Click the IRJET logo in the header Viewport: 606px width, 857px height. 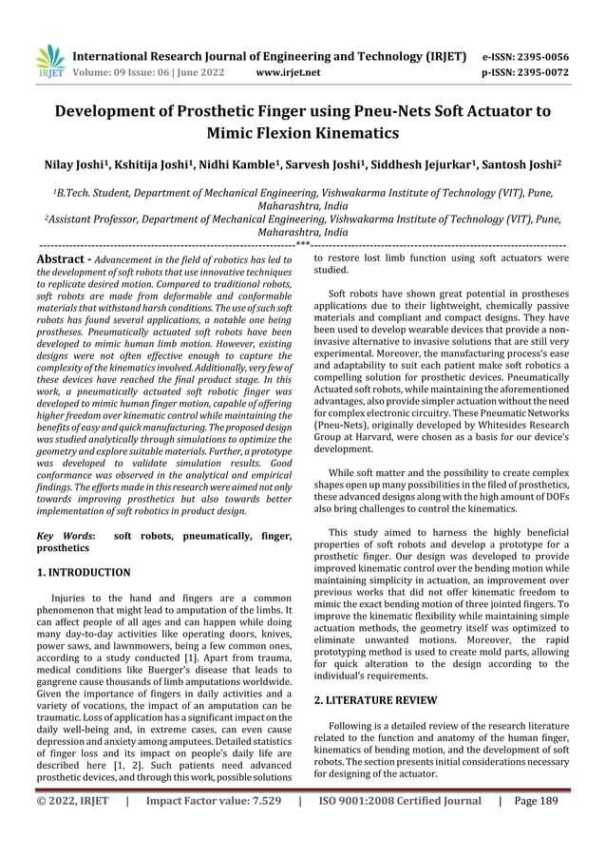pyautogui.click(x=46, y=62)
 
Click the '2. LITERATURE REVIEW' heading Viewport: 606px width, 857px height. pyautogui.click(x=375, y=700)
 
